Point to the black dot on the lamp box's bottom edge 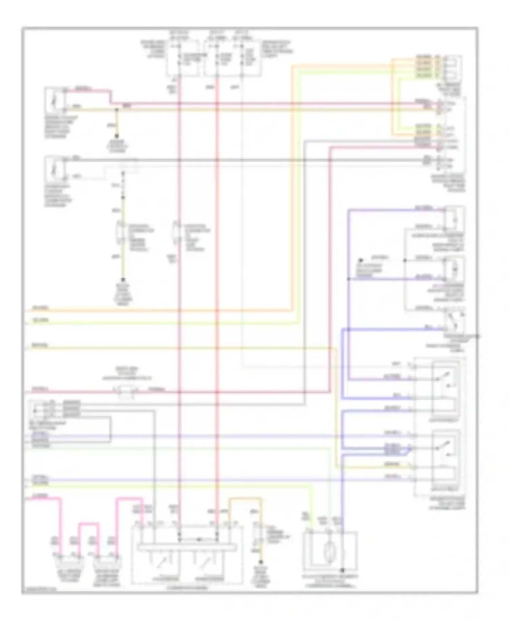(342, 570)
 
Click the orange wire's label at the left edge (41, 308)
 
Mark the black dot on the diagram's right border (478, 336)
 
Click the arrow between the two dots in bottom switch (199, 539)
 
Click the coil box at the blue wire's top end (455, 219)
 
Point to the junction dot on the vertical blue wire (348, 279)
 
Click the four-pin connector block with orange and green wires (451, 66)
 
